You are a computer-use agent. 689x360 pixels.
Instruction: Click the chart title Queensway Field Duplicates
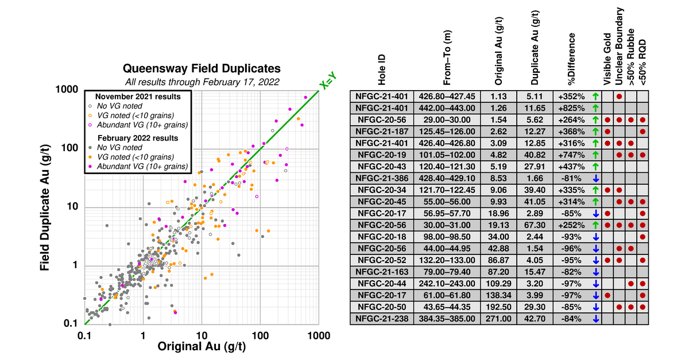point(201,67)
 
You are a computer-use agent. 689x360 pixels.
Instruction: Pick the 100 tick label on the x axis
point(260,334)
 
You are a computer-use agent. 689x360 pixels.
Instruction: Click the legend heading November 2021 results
point(137,96)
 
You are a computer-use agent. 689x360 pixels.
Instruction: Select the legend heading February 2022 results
point(138,138)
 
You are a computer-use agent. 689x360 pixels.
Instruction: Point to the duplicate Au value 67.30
point(535,224)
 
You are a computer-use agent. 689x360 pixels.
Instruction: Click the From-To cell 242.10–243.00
point(446,283)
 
